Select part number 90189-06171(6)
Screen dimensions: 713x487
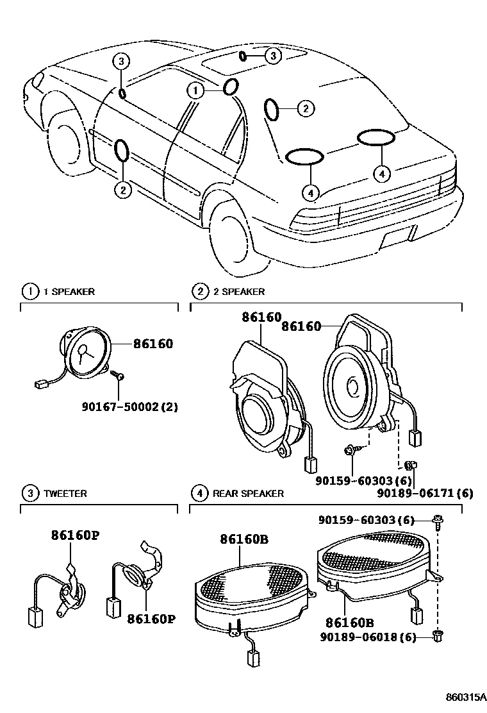tap(425, 492)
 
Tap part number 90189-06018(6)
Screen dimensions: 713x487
tap(370, 637)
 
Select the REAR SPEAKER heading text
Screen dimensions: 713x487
tap(248, 494)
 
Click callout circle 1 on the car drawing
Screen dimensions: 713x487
tap(195, 91)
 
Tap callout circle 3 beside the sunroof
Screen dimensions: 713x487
tap(273, 56)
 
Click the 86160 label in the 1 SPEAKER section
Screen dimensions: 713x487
tap(153, 344)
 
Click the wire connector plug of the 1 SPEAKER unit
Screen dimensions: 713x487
tap(39, 385)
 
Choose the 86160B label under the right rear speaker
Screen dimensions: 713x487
tap(349, 623)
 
